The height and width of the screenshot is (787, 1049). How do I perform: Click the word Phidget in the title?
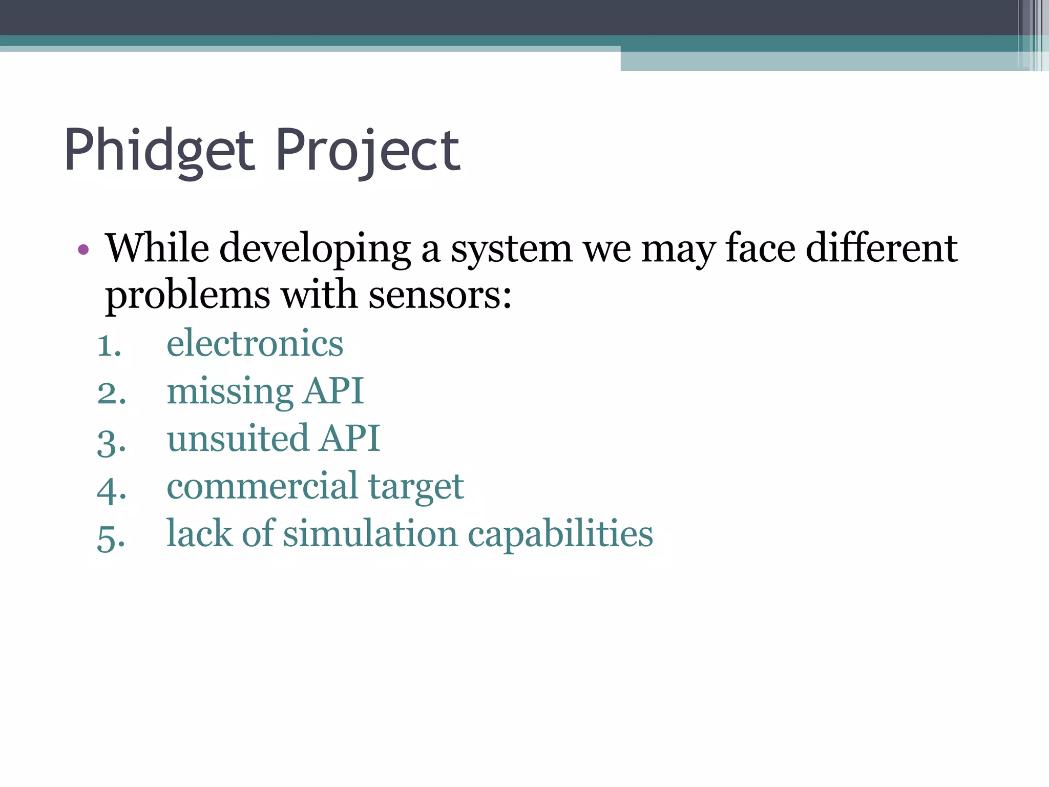[159, 151]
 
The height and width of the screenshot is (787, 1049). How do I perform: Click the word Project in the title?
[368, 151]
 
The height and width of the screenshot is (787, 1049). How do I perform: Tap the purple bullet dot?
[83, 250]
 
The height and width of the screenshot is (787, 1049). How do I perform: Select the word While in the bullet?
[157, 248]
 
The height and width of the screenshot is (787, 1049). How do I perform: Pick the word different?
[882, 248]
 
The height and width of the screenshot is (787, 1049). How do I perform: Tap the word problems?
[187, 296]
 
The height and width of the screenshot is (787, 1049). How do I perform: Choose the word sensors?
[440, 296]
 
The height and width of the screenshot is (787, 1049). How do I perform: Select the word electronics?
[255, 343]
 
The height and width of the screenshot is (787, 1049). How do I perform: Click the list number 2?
[112, 393]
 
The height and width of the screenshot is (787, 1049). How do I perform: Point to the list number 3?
[112, 441]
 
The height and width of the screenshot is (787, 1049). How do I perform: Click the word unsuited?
[238, 439]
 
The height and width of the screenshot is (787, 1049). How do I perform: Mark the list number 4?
[112, 489]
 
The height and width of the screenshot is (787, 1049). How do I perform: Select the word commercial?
[262, 486]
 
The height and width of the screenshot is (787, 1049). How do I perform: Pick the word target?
[416, 487]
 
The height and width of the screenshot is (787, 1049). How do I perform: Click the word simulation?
[370, 534]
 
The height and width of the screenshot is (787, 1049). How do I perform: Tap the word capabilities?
[560, 535]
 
